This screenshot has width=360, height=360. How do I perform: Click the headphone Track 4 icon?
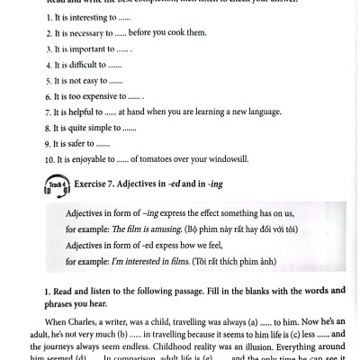click(x=57, y=185)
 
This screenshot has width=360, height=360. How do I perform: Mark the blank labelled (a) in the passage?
click(x=262, y=321)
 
